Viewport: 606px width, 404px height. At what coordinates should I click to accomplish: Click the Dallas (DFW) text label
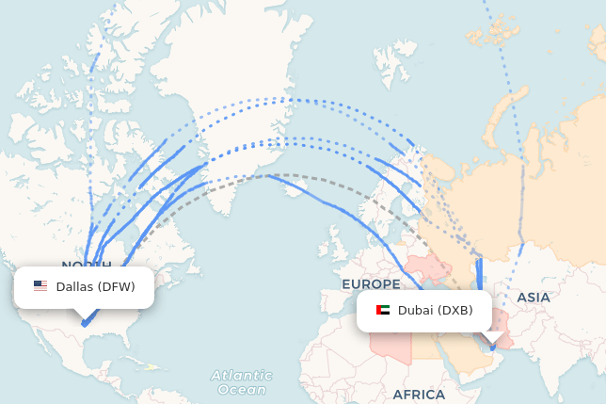tap(95, 286)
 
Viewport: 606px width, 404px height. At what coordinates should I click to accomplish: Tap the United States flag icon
tap(40, 286)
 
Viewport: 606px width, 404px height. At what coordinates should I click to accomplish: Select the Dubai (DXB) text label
tap(435, 311)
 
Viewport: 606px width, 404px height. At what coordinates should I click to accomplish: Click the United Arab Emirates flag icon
tap(383, 311)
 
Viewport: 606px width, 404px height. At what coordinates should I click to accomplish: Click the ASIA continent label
tap(534, 298)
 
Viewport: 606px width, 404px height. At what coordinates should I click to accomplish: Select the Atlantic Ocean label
tap(242, 382)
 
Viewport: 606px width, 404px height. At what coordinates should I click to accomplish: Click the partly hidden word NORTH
tap(86, 266)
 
